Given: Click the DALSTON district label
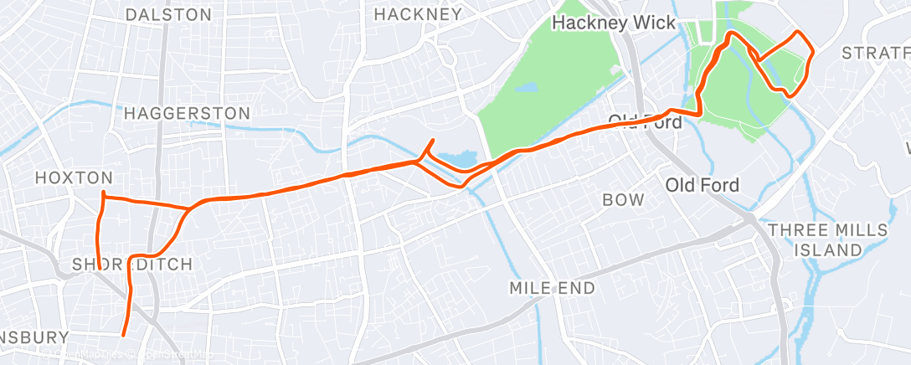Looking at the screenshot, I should point(167,15).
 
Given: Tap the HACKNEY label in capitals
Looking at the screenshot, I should point(417,14).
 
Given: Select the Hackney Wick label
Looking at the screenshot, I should point(613,23).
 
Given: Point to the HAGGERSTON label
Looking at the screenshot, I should point(186,113).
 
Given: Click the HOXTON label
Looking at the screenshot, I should point(73,177).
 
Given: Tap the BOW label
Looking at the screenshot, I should point(624,200).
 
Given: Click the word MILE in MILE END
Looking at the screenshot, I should point(530,289).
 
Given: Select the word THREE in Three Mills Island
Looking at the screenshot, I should point(795,230).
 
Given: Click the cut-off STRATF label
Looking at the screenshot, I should point(875,54).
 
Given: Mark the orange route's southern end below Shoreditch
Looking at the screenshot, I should point(124,335).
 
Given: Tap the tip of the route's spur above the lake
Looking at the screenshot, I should point(432,140).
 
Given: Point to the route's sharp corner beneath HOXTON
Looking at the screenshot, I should point(103,194).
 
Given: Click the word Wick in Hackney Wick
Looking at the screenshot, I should point(653,23).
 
